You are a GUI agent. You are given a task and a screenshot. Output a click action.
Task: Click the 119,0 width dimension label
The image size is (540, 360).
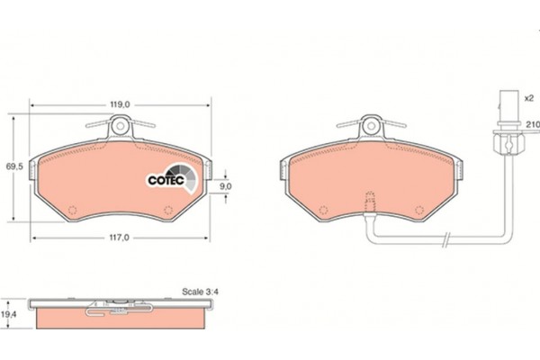(120, 104)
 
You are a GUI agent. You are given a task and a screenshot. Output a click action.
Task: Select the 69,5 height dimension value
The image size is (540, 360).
(14, 166)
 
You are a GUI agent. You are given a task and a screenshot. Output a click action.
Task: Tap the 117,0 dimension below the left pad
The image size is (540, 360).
(119, 238)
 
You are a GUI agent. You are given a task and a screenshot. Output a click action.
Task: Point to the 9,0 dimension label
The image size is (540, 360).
(226, 186)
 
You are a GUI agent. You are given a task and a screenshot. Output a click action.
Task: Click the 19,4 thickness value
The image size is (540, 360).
(9, 314)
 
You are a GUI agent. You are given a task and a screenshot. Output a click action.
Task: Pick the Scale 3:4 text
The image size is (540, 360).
(200, 292)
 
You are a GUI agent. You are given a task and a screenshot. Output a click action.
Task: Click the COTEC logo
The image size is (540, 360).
(172, 178)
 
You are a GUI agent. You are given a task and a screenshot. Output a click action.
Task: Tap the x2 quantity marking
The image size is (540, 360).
(528, 98)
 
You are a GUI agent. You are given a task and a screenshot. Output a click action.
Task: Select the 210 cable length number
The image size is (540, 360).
(533, 124)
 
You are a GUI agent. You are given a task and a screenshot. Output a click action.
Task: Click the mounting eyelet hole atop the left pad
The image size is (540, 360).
(121, 125)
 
